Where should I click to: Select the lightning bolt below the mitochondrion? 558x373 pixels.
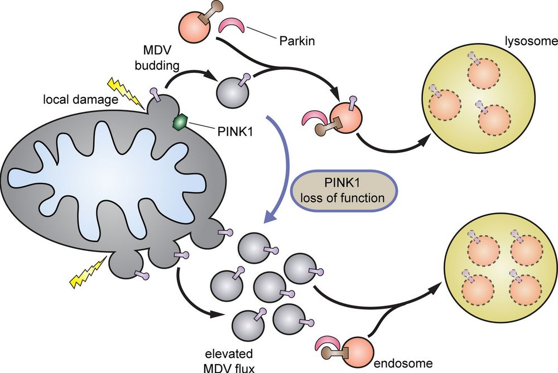(88, 273)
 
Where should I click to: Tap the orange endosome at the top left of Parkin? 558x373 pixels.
(194, 26)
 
